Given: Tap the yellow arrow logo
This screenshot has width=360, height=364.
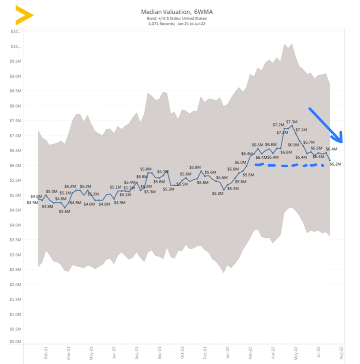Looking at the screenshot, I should [23, 15].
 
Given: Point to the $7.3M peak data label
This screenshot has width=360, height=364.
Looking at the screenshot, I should [292, 122].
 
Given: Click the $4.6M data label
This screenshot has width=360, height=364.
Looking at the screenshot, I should [64, 211].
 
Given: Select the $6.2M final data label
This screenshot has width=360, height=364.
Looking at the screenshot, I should [335, 164].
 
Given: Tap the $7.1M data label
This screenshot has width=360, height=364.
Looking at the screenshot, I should [301, 129].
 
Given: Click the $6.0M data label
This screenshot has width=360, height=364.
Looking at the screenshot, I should [240, 162].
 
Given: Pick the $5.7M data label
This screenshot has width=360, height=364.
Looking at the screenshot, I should [163, 172].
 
